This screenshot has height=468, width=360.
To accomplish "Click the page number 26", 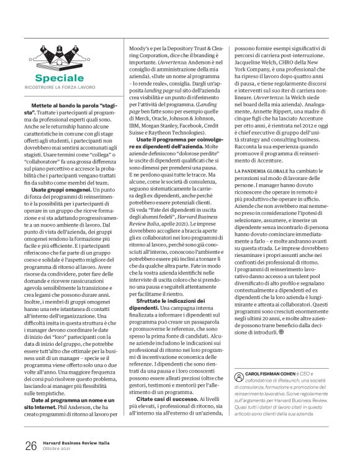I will pos(31,446).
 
